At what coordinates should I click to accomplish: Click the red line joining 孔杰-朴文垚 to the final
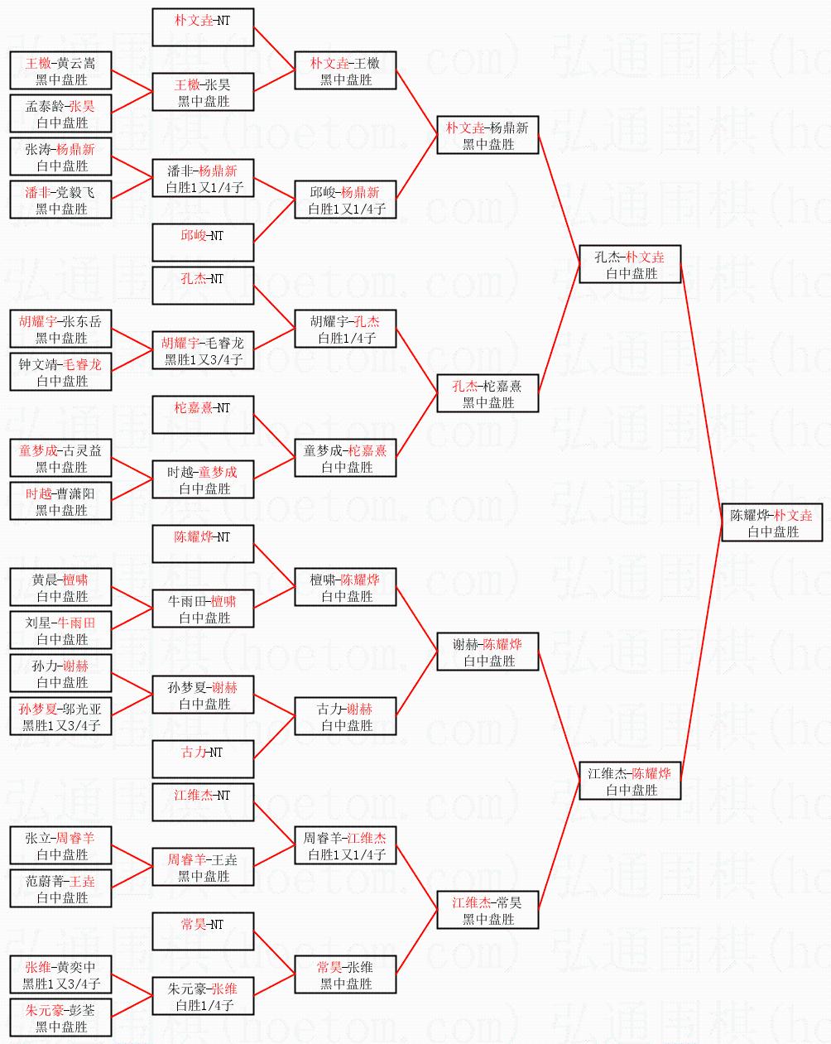(x=702, y=393)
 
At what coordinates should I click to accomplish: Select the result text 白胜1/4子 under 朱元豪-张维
(x=204, y=1005)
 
